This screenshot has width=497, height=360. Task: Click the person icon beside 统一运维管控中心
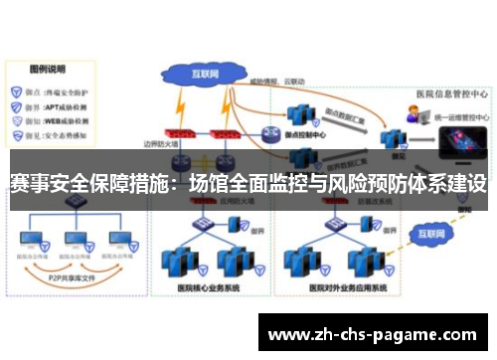tap(411, 115)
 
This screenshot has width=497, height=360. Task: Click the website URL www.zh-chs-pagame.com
tap(374, 334)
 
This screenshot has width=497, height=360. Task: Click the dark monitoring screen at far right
tap(462, 149)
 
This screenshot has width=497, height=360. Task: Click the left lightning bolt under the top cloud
tap(179, 102)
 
